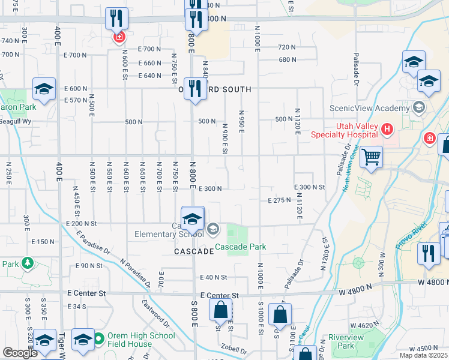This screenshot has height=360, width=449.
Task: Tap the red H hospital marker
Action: pyautogui.click(x=387, y=128)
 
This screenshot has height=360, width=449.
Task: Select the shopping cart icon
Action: pyautogui.click(x=372, y=157)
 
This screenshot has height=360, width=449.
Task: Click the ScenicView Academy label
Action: pyautogui.click(x=369, y=109)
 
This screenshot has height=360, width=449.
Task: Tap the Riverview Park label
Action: pyautogui.click(x=346, y=341)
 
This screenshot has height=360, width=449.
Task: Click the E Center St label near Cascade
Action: pyautogui.click(x=220, y=296)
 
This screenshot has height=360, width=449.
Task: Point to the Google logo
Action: pyautogui.click(x=20, y=353)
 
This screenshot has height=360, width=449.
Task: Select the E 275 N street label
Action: pyautogui.click(x=280, y=200)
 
